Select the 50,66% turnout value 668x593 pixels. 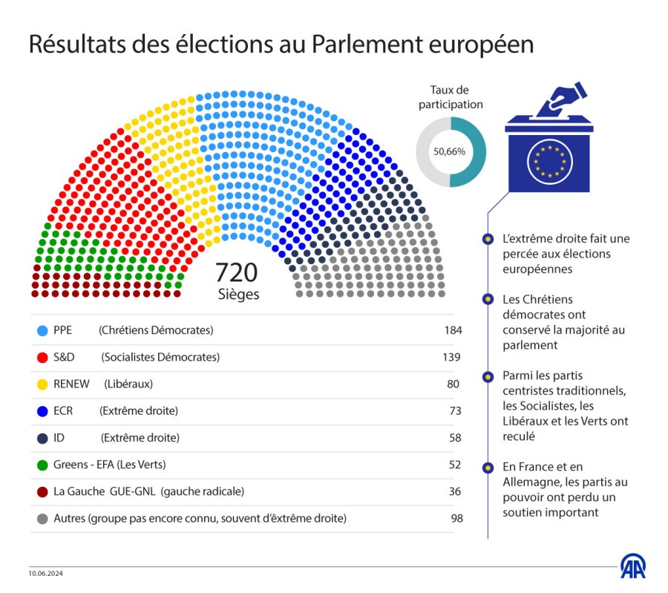click(x=450, y=151)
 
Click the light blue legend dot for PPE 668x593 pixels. click(x=42, y=330)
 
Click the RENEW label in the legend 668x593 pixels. click(x=71, y=384)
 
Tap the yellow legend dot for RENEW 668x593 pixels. click(x=42, y=384)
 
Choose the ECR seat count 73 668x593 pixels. click(x=455, y=410)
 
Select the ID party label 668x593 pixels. click(x=59, y=438)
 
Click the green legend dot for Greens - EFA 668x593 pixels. click(x=42, y=465)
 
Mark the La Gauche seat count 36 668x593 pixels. click(x=455, y=491)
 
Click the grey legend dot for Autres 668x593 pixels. click(x=42, y=518)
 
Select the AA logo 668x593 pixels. click(x=632, y=566)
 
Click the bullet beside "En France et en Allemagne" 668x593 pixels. click(x=487, y=468)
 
